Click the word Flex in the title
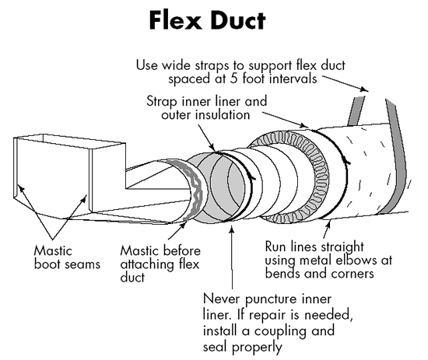[174, 20]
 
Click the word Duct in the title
[237, 20]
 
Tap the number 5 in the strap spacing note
[233, 79]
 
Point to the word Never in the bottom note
[221, 299]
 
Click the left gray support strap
[356, 110]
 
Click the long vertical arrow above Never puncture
[232, 257]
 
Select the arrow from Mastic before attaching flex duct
[177, 231]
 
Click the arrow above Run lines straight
[327, 229]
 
